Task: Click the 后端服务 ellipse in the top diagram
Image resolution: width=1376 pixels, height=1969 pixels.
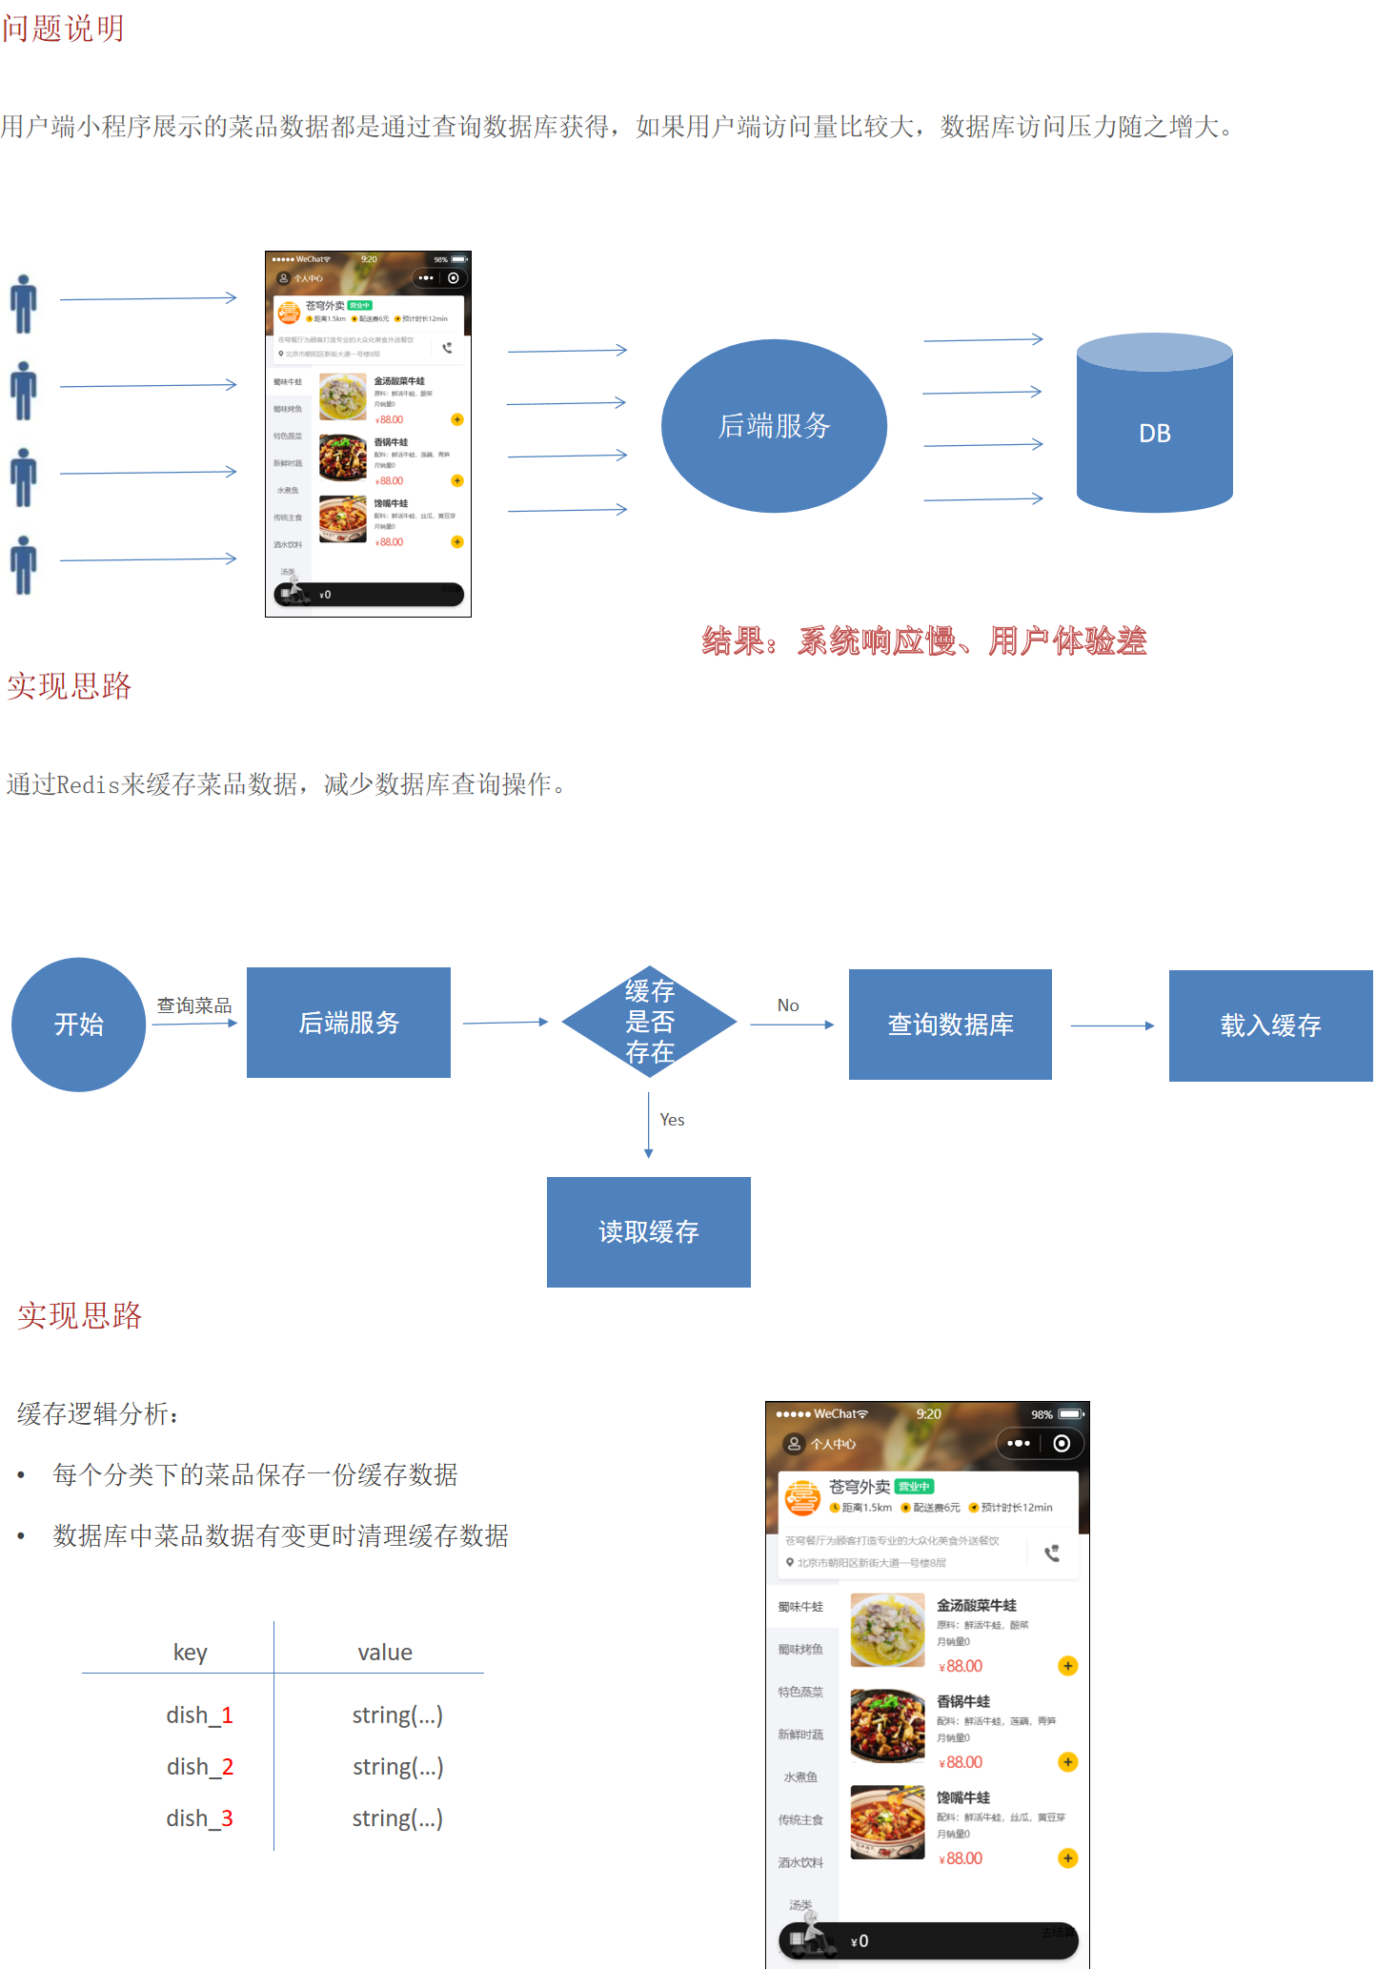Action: click(774, 426)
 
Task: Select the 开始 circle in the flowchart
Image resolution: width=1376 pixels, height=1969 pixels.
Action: click(78, 1025)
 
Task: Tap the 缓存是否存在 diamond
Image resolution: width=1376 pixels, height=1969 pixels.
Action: click(649, 1022)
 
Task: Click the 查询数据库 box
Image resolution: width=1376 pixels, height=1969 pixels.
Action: click(950, 1025)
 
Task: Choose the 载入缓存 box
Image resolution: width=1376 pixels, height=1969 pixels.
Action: click(1270, 1025)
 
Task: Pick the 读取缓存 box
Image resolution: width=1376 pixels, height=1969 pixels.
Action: click(648, 1232)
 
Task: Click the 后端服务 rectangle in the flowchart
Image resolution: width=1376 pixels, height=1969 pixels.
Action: click(349, 1023)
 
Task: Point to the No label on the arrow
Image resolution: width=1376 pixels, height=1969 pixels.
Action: click(788, 1005)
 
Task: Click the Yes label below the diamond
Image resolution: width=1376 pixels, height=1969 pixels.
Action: click(672, 1120)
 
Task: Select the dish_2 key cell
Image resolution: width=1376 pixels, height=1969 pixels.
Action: click(200, 1767)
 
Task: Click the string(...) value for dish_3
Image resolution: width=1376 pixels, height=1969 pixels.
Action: click(397, 1818)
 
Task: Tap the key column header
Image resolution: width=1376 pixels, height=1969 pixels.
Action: click(191, 1653)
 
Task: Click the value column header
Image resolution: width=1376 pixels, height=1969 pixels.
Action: click(385, 1653)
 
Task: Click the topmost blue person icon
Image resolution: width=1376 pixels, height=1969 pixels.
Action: click(24, 304)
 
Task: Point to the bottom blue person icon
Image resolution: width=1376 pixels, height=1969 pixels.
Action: click(24, 565)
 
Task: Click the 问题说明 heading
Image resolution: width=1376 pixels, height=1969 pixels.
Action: click(63, 29)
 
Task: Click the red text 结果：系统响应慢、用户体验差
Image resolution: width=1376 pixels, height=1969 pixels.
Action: click(924, 641)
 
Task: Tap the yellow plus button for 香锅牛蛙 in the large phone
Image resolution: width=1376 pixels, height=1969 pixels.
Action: click(1067, 1762)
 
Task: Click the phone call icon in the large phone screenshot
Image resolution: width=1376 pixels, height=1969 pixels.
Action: click(1052, 1553)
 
